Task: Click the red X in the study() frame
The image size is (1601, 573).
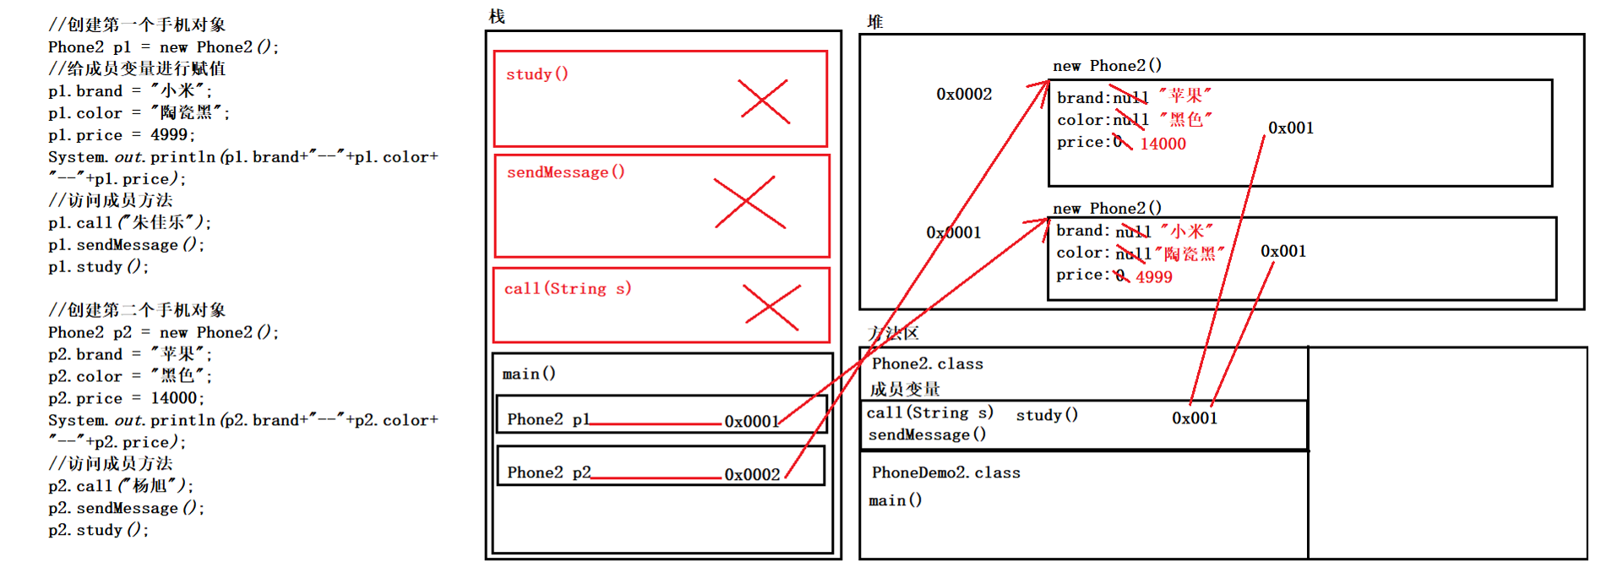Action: tap(764, 101)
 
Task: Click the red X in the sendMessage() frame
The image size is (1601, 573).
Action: tap(750, 203)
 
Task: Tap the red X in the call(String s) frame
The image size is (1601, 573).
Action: tap(771, 307)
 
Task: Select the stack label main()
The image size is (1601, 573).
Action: tap(529, 374)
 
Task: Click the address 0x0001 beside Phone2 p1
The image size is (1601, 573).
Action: tap(752, 421)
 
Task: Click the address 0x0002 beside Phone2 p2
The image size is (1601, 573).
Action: tap(752, 474)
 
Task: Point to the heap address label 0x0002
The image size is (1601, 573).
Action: tap(964, 94)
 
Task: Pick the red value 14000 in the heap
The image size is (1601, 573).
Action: tap(1163, 144)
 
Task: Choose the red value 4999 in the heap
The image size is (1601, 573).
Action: tap(1154, 277)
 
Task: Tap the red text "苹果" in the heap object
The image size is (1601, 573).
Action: tap(1185, 95)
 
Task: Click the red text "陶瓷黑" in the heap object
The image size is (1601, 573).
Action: tap(1190, 254)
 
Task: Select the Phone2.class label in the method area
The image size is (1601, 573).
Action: tap(928, 363)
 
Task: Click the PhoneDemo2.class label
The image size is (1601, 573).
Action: tap(946, 472)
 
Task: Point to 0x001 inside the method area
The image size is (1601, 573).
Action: tap(1195, 417)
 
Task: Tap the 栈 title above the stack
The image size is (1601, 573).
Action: tap(497, 16)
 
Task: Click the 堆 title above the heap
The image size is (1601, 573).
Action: tap(875, 22)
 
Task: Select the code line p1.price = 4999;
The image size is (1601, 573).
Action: tap(122, 134)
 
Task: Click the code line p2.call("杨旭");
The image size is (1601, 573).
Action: tap(121, 486)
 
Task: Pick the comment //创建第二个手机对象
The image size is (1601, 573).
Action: tap(137, 310)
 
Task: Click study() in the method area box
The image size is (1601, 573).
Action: tap(1047, 414)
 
